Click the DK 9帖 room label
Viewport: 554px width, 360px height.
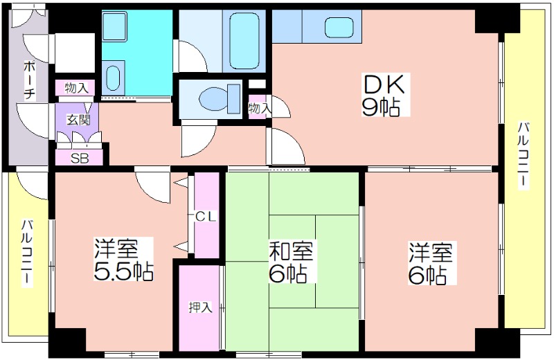coord(385,95)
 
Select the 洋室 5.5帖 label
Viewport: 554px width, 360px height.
coord(123,259)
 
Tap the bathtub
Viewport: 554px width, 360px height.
coord(244,40)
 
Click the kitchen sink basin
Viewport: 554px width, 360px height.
coord(339,28)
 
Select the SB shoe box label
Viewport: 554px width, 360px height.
coord(80,159)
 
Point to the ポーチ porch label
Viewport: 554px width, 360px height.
coord(29,81)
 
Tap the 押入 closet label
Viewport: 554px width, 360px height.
coord(200,307)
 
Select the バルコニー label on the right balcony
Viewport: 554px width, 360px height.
coord(524,156)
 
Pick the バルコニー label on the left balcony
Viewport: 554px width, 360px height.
coord(28,253)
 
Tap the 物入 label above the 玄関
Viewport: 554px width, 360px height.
coord(76,88)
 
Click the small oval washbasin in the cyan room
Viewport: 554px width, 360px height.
coord(113,78)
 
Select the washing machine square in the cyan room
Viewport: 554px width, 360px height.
coord(114,26)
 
